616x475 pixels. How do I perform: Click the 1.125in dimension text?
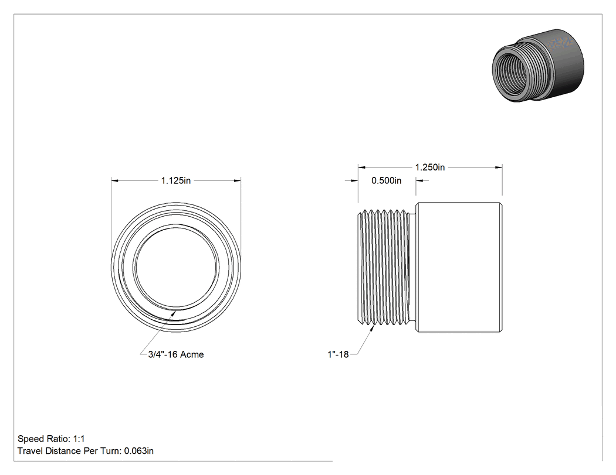175,180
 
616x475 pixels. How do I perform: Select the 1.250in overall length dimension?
430,168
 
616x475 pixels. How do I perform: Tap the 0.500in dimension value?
386,180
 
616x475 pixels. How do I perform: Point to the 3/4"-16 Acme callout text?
176,354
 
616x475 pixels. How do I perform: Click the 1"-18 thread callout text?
339,354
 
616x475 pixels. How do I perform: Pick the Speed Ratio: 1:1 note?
51,439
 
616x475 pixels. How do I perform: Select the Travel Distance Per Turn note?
86,451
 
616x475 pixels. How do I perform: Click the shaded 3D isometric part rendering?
538,66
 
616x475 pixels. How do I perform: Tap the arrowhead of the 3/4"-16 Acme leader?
173,313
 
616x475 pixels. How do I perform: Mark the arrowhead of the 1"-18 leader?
371,329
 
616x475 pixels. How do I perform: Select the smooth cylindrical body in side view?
459,267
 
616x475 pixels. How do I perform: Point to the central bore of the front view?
177,266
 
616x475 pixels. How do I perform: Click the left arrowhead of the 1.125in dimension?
115,180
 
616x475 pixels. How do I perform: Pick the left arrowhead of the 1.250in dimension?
362,168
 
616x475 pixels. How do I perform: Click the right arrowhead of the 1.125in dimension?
237,180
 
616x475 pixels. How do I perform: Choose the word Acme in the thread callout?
192,354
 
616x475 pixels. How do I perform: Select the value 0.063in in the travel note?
139,451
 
